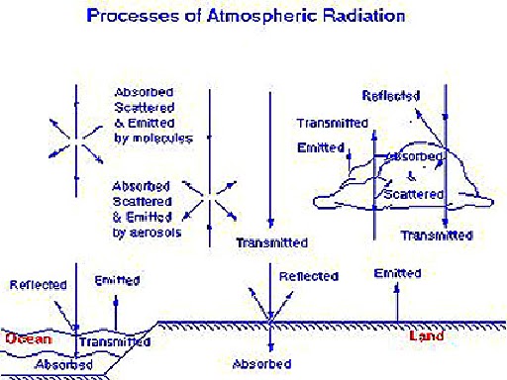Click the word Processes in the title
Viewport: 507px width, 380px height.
(124, 17)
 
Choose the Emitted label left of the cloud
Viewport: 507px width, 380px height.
(320, 148)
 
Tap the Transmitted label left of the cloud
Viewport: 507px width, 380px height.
(333, 123)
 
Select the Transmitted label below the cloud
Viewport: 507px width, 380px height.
(436, 236)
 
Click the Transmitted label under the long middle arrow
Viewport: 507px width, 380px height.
(271, 242)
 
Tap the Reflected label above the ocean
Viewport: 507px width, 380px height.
(39, 285)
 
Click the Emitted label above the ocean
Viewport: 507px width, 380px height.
(116, 281)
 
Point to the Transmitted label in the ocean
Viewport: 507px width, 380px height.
(115, 342)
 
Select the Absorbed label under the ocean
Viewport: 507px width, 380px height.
(62, 365)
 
